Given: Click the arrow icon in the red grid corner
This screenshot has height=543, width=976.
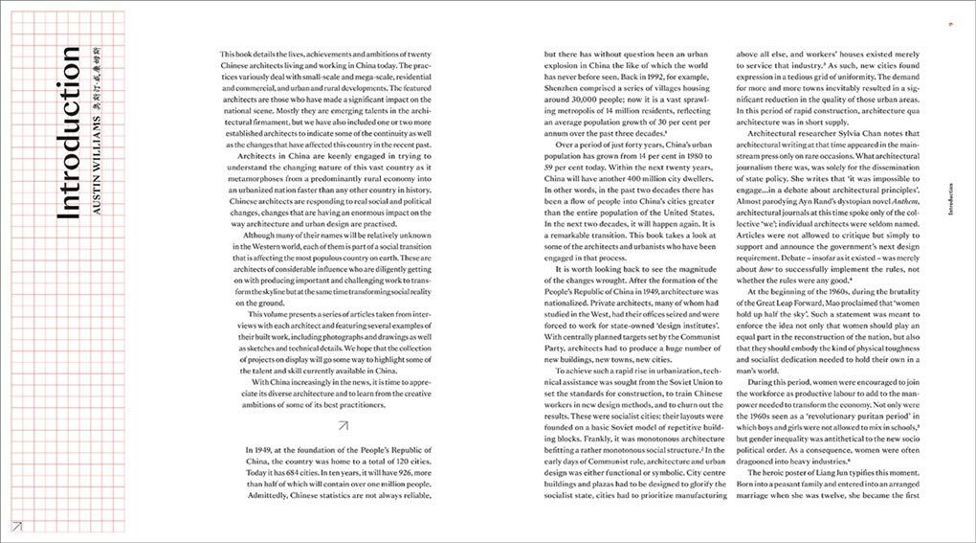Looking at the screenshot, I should click(16, 524).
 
